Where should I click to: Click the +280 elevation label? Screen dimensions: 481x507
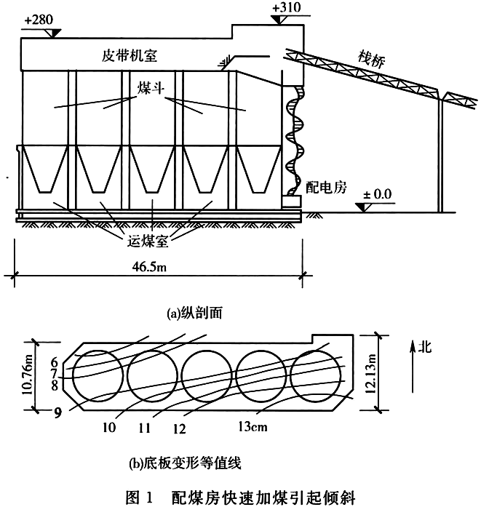tap(39, 20)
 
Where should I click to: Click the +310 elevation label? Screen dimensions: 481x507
tap(286, 7)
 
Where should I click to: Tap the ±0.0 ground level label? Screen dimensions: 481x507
tap(378, 194)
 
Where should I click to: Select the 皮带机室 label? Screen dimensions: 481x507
tap(130, 55)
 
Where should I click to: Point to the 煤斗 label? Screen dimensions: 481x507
tap(151, 88)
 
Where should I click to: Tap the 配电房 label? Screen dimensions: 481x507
tap(326, 187)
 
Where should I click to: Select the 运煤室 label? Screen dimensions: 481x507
tap(148, 241)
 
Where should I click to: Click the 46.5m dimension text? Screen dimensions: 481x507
tap(149, 266)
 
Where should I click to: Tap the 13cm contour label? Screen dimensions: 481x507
tap(253, 426)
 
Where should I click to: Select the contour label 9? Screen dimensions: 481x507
tap(57, 412)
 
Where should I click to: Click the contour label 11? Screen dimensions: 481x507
tap(144, 428)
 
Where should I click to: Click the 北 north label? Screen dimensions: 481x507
tap(425, 347)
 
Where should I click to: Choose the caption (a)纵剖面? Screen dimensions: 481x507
tap(194, 313)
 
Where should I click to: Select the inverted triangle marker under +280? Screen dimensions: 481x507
tap(53, 33)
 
